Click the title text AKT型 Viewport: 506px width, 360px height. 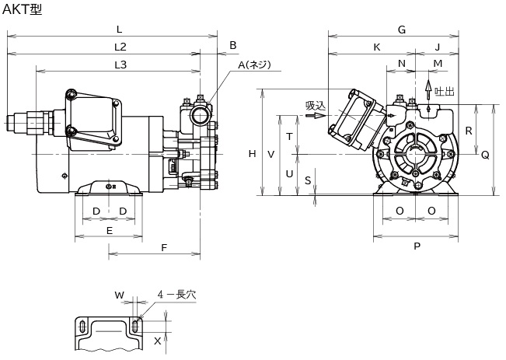(22, 9)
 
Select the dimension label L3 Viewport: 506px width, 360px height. (120, 65)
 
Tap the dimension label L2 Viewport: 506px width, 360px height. (120, 47)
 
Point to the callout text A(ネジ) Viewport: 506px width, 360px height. (255, 65)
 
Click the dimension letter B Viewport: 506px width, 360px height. (233, 46)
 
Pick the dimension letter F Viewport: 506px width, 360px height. (164, 247)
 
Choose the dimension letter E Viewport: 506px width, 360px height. (110, 230)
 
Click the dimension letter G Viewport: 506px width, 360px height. (402, 30)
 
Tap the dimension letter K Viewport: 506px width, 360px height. (377, 47)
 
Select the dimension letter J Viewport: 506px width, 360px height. (438, 47)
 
